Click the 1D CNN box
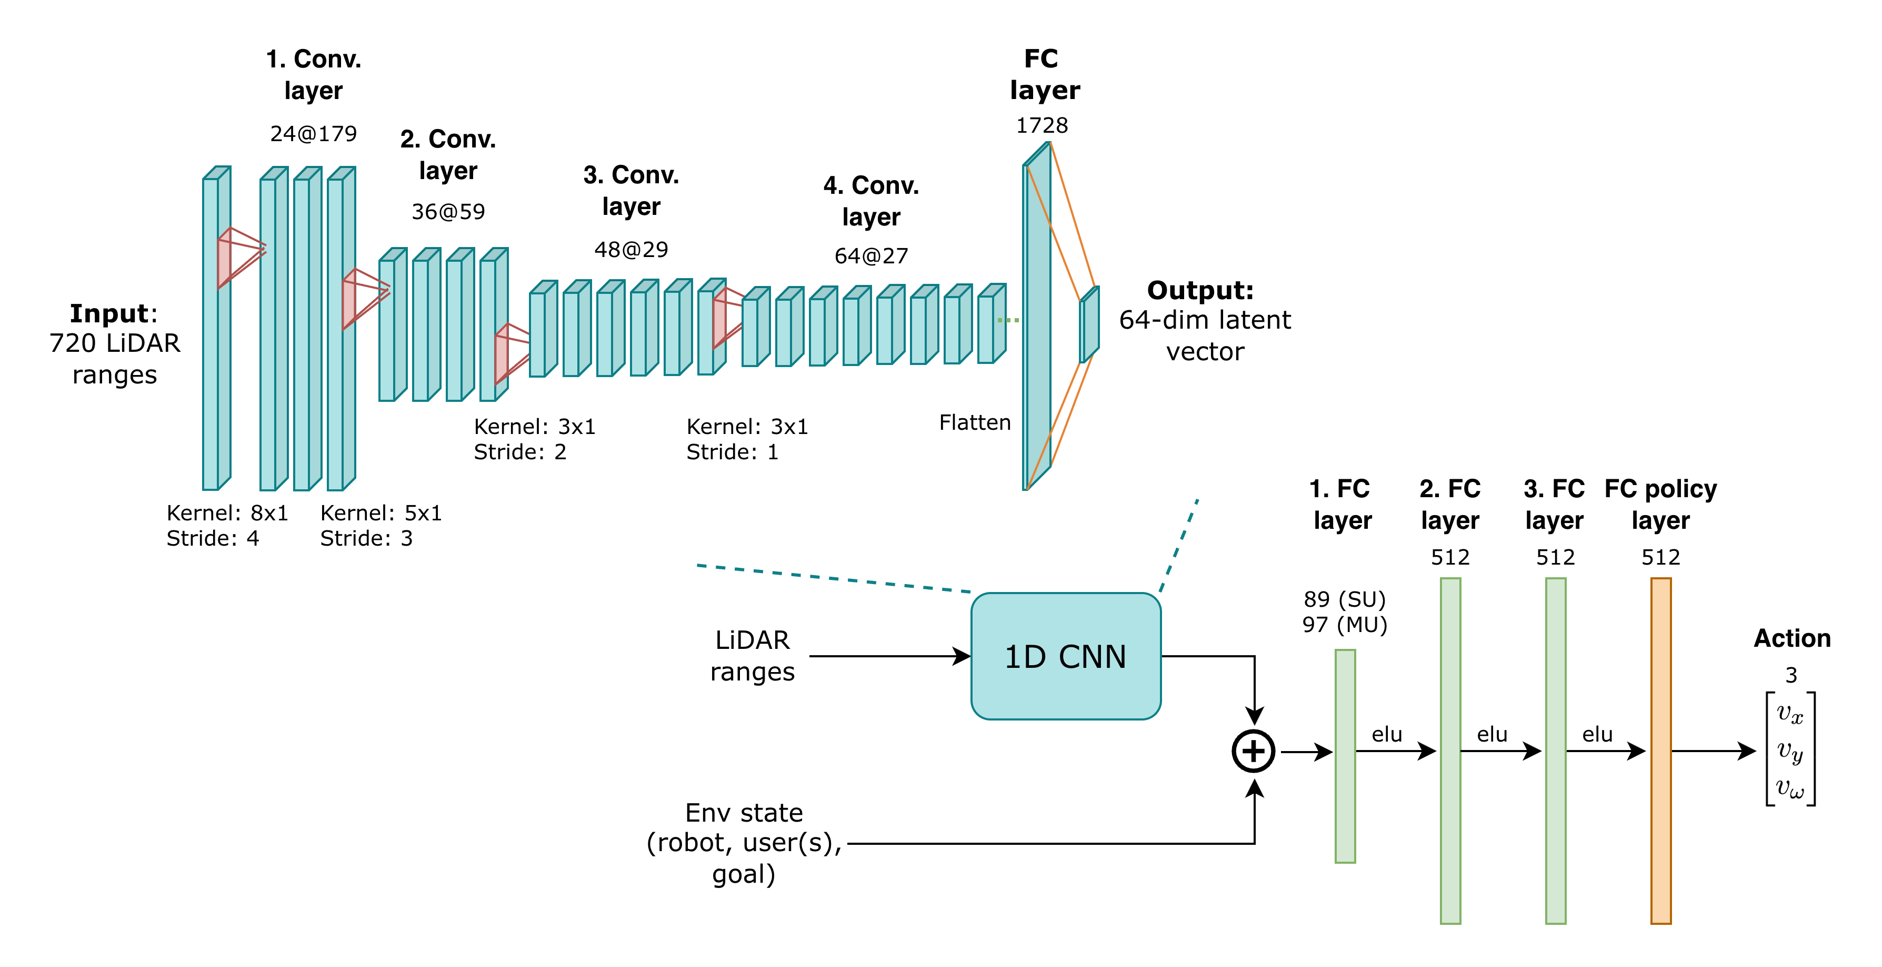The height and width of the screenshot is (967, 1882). pyautogui.click(x=1065, y=656)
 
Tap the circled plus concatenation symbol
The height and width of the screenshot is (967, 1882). pyautogui.click(x=1254, y=751)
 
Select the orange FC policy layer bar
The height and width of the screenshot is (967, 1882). pyautogui.click(x=1660, y=751)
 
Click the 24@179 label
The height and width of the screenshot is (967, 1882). pyautogui.click(x=314, y=134)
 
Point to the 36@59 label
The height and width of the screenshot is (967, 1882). pyautogui.click(x=448, y=212)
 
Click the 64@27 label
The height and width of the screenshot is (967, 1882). pyautogui.click(x=871, y=256)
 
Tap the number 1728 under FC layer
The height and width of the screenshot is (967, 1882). pyautogui.click(x=1042, y=126)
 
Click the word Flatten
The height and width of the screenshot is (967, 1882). pyautogui.click(x=975, y=422)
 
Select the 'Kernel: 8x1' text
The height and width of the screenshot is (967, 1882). pyautogui.click(x=227, y=513)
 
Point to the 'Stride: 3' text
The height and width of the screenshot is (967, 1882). pyautogui.click(x=366, y=539)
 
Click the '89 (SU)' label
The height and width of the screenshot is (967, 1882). pyautogui.click(x=1344, y=599)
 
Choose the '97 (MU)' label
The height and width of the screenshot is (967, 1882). pyautogui.click(x=1344, y=625)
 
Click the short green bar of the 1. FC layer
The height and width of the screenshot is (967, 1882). pyautogui.click(x=1345, y=756)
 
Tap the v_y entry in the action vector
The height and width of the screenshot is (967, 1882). pyautogui.click(x=1790, y=751)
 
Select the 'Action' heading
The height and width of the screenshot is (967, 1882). pyautogui.click(x=1792, y=638)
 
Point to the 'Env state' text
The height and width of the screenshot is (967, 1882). pyautogui.click(x=744, y=813)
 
